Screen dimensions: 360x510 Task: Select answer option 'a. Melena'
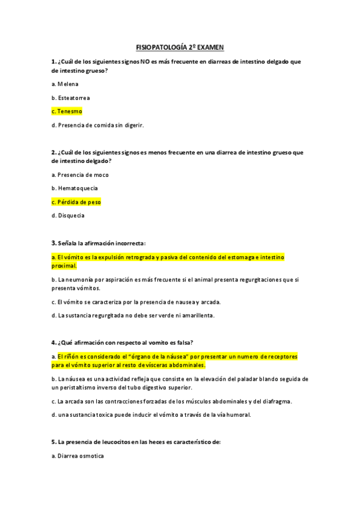pyautogui.click(x=65, y=84)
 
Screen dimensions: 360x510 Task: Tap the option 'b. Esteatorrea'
pyautogui.click(x=71, y=98)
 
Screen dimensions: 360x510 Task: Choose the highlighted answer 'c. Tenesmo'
pyautogui.click(x=67, y=112)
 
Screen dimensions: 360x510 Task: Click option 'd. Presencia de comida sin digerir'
pyautogui.click(x=98, y=125)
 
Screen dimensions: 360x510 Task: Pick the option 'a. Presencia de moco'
pyautogui.click(x=80, y=175)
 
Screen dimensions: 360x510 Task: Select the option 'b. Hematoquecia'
pyautogui.click(x=75, y=188)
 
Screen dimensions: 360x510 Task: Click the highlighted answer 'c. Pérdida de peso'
pyautogui.click(x=76, y=202)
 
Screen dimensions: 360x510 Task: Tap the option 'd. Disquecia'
pyautogui.click(x=68, y=215)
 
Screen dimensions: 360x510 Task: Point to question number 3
pyautogui.click(x=53, y=243)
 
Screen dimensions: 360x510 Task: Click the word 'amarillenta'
pyautogui.click(x=197, y=315)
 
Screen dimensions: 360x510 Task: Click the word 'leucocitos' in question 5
pyautogui.click(x=114, y=443)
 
